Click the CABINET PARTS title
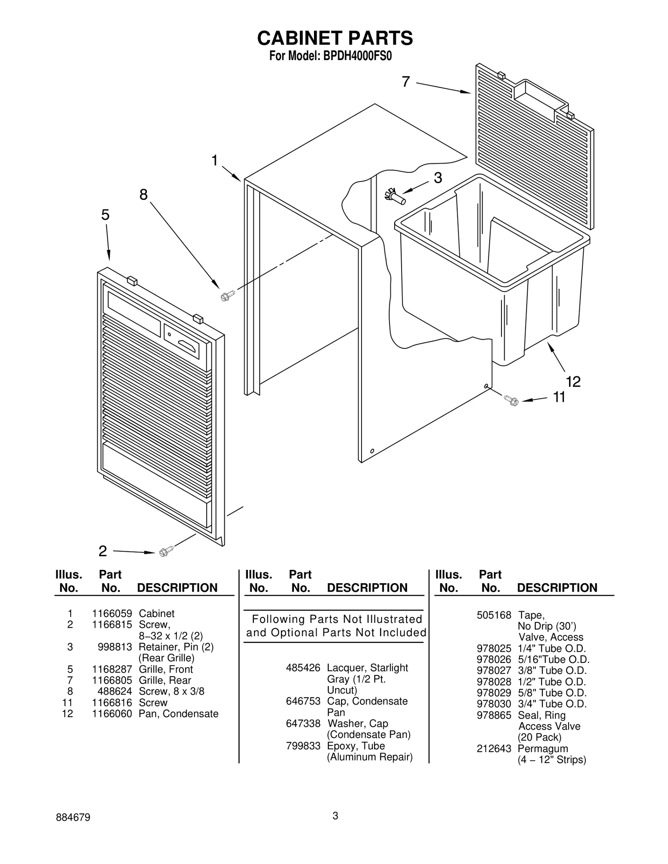[x=335, y=38]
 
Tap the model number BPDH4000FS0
[x=357, y=56]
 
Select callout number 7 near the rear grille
[x=406, y=82]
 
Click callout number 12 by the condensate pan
[x=573, y=381]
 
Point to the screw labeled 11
[x=511, y=401]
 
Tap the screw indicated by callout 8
[x=227, y=296]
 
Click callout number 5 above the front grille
[x=105, y=215]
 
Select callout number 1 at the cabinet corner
[x=215, y=160]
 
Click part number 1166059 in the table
[x=112, y=613]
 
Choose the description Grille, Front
[x=166, y=669]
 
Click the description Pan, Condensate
[x=178, y=713]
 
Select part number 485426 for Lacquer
[x=303, y=668]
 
